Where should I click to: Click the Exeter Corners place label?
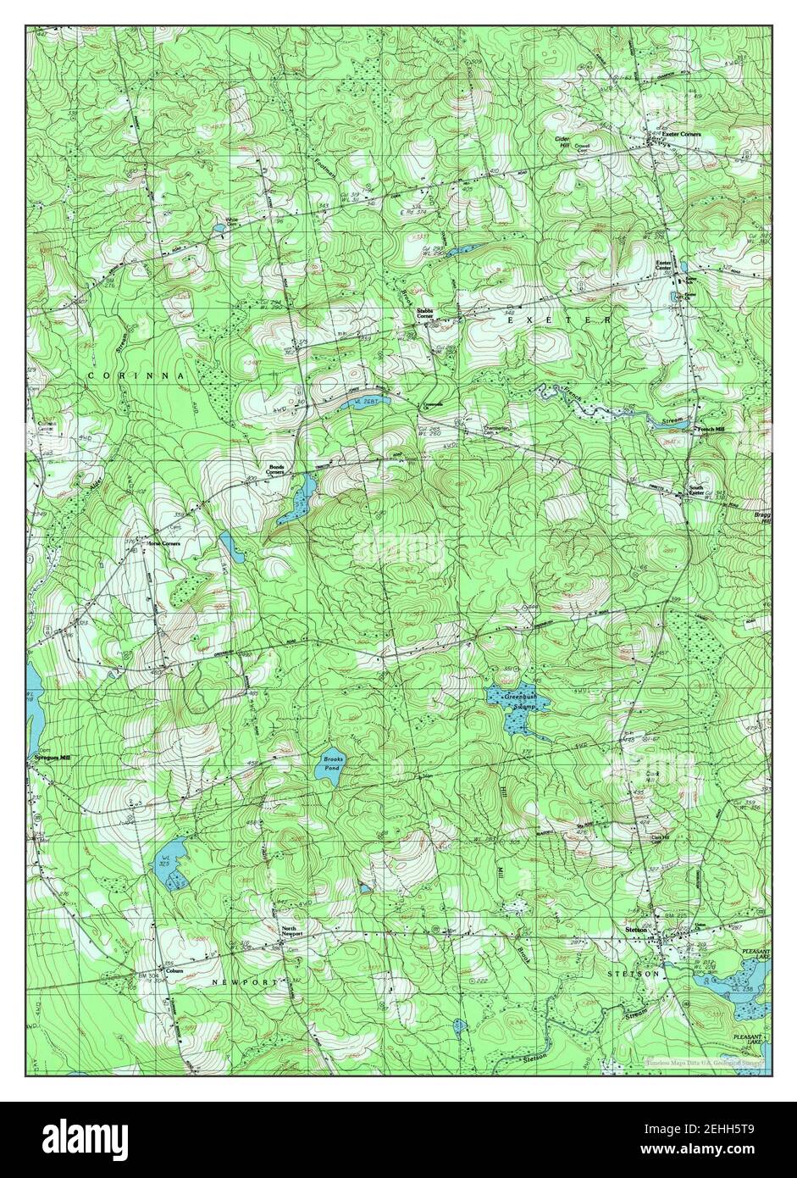(681, 134)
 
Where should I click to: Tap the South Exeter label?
(695, 492)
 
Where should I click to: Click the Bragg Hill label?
(761, 517)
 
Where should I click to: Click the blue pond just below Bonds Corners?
(296, 501)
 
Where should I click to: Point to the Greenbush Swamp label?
(522, 700)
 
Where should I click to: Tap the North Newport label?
(291, 931)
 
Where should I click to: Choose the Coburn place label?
(174, 970)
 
